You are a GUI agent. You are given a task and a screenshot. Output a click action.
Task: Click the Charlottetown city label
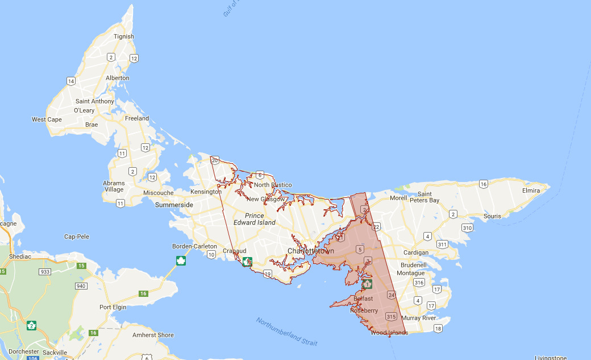tap(310, 251)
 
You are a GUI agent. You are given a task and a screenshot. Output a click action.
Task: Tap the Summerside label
tap(174, 205)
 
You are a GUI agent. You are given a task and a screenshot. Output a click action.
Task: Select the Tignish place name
tap(124, 36)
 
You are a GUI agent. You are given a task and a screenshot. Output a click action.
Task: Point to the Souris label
tap(492, 216)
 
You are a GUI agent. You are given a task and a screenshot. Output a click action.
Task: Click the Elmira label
tap(531, 191)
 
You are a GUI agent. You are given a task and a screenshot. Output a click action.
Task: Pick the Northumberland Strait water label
tap(287, 332)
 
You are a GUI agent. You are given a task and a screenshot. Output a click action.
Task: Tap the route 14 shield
tap(71, 81)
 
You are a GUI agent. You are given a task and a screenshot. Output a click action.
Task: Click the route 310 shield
tap(467, 227)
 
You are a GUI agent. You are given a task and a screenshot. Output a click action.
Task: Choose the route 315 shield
tap(391, 316)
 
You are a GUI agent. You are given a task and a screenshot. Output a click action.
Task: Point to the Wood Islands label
tap(389, 333)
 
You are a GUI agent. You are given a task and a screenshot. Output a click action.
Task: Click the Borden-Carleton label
tap(194, 246)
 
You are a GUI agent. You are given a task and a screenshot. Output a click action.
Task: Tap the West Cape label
tap(47, 119)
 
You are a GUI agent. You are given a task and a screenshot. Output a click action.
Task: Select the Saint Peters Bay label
tap(424, 197)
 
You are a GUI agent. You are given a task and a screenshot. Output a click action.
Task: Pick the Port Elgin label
tap(113, 307)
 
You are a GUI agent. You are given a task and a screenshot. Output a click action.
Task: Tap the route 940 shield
tap(81, 286)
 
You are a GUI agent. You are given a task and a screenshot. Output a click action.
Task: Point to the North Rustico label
tap(273, 185)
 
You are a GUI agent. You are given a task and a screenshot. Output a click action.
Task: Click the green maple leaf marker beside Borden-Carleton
tap(181, 261)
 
